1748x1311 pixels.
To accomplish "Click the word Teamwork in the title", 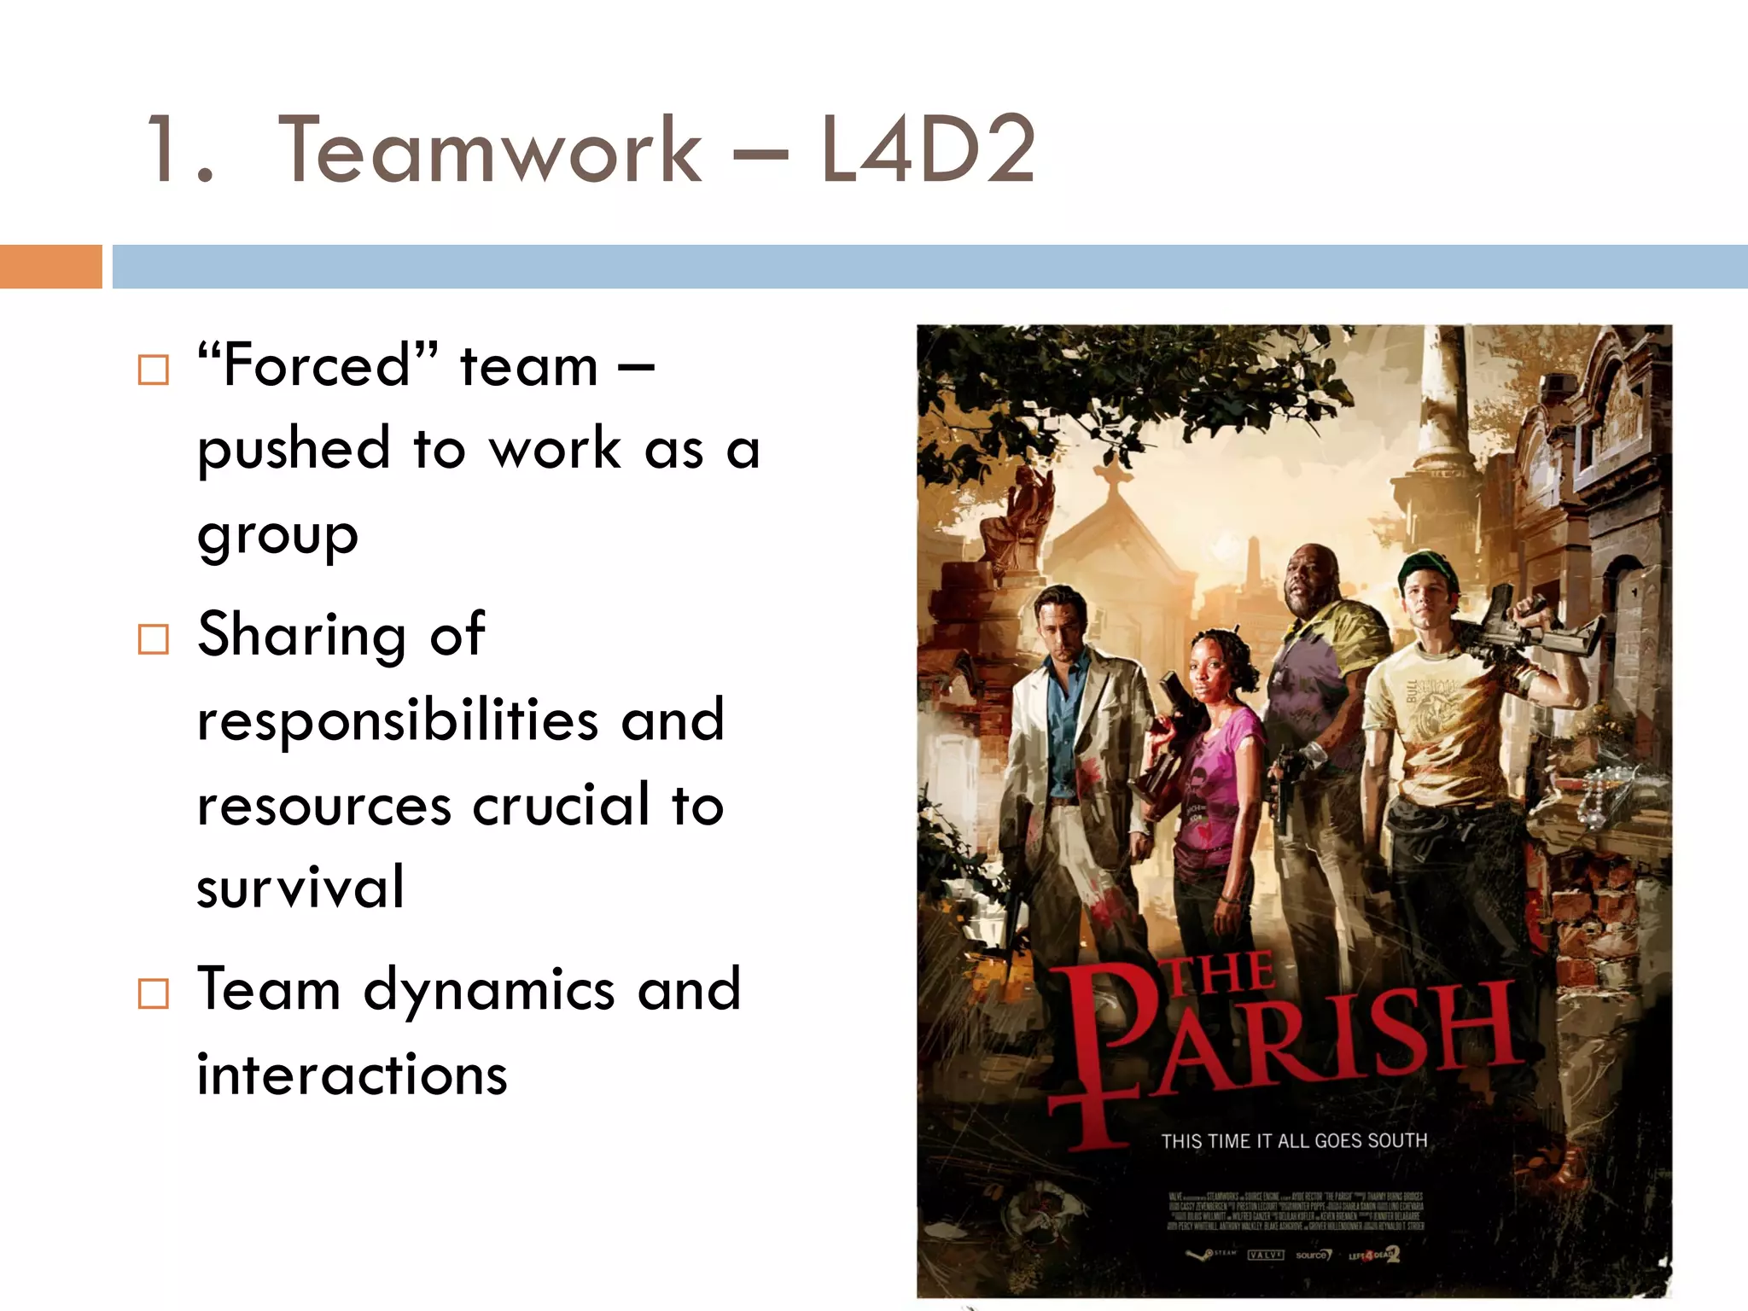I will coord(489,151).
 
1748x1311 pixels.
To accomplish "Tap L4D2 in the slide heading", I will coord(928,151).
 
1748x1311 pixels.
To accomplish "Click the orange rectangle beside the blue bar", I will coord(50,266).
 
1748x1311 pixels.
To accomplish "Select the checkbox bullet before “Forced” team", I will coord(154,370).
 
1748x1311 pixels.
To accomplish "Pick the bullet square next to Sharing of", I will coord(154,638).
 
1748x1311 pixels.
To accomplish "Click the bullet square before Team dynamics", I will coord(154,993).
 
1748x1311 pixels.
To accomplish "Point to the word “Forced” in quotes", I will coord(318,365).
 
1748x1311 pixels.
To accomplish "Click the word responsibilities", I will coord(397,720).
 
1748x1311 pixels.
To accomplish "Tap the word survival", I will coord(300,888).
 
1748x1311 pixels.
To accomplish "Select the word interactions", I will coord(352,1074).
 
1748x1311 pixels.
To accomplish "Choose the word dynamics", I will coord(489,990).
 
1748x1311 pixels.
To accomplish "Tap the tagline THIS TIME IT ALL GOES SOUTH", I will coord(1294,1141).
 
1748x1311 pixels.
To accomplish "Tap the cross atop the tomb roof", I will coord(1114,474).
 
